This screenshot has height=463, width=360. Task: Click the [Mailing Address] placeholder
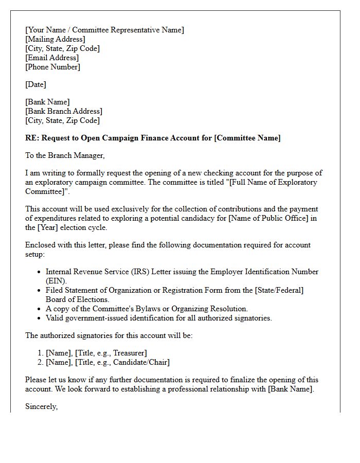[55, 39]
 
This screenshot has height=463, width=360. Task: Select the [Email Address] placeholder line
[52, 58]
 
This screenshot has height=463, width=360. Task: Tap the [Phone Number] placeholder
[52, 67]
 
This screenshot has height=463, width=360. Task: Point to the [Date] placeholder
[35, 84]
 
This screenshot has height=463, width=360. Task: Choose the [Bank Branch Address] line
[64, 111]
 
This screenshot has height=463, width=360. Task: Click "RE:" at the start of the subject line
[32, 138]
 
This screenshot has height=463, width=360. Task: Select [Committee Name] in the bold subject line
[247, 138]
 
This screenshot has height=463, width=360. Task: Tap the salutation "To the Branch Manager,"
[65, 155]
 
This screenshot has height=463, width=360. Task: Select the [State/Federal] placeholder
[279, 290]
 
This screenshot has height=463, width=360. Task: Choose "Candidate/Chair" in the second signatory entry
[141, 362]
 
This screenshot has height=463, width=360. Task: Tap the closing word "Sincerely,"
[42, 406]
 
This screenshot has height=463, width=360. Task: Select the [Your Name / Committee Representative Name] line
[104, 30]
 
